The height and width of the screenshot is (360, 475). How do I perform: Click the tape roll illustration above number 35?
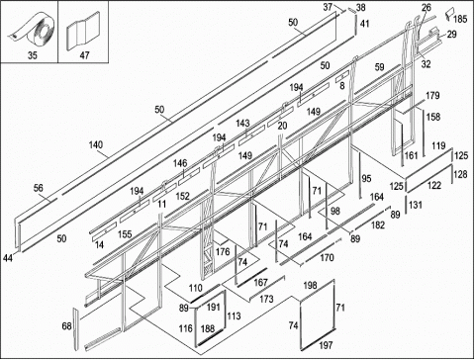[31, 31]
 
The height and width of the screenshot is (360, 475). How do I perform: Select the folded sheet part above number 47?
[83, 31]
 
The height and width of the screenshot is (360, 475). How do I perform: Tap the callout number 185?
[460, 19]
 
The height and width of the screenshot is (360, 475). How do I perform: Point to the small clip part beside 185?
[448, 15]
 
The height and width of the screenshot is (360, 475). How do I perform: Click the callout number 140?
[96, 144]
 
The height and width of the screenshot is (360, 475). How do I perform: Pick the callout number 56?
[39, 188]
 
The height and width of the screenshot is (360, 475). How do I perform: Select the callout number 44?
[8, 258]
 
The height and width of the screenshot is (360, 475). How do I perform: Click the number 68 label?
[66, 326]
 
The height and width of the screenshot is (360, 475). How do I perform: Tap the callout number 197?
[326, 345]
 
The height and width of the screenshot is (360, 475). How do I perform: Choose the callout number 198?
[310, 286]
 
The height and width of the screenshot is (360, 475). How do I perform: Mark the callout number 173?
[266, 299]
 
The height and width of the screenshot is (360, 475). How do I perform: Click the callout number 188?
[208, 328]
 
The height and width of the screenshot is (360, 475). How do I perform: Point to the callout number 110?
[196, 288]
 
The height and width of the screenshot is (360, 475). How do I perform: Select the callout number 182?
[378, 225]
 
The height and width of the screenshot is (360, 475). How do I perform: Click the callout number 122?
[434, 185]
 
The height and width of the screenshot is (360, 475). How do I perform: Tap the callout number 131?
[416, 205]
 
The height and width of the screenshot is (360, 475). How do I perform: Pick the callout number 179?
[432, 96]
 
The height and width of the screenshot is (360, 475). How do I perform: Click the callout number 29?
[451, 34]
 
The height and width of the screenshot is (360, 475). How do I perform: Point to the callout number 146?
[180, 163]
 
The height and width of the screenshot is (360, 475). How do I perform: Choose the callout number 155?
[125, 234]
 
